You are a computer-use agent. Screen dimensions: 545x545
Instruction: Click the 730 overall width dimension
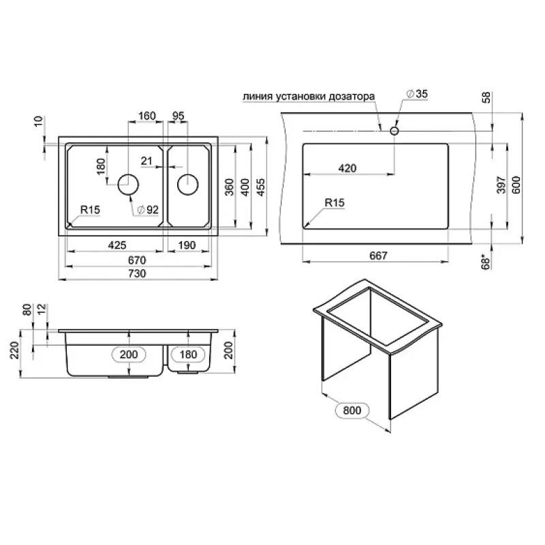coord(137,274)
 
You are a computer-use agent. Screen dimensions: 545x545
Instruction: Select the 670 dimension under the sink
coord(137,260)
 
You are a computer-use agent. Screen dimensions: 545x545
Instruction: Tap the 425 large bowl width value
coord(117,245)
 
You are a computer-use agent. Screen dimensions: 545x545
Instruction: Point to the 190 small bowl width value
coord(187,245)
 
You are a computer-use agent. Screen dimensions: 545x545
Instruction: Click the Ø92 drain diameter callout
coord(148,210)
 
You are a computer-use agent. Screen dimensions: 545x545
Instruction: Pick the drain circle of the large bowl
coord(128,185)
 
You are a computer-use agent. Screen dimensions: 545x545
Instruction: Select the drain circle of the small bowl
coord(188,185)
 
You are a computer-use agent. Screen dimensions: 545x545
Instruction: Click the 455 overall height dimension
coord(261,187)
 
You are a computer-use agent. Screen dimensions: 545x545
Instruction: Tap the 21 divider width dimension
coord(146,161)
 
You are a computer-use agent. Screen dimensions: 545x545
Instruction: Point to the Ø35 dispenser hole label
coord(417,93)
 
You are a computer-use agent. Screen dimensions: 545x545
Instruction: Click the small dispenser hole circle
coord(394,131)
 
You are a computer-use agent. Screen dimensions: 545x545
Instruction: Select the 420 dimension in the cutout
coord(347,168)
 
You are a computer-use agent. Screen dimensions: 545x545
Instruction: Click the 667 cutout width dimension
coord(378,256)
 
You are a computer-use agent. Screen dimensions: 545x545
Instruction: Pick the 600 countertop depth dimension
coord(516,185)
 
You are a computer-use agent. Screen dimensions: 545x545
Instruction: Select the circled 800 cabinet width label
coord(352,411)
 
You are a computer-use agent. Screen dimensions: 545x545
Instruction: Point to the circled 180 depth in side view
coord(188,354)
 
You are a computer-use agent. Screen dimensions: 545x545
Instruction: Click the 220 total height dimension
coord(14,350)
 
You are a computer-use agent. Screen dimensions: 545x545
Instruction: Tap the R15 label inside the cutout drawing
coord(334,202)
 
